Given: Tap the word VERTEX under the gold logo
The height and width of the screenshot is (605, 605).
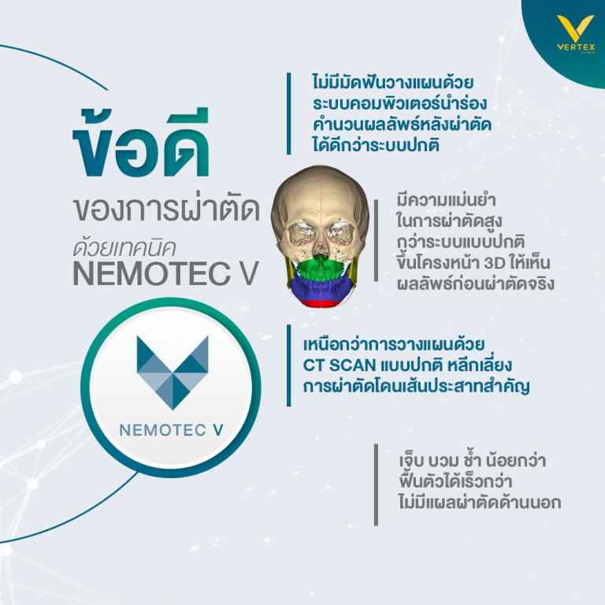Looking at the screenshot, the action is coord(576,47).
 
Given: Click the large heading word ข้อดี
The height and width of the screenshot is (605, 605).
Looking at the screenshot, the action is coord(141,143).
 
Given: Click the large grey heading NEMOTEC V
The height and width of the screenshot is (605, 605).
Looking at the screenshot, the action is coord(165,273).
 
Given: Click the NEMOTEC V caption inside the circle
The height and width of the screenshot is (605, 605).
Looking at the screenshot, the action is coord(171,430).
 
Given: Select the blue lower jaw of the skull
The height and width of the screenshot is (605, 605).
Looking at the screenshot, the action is coord(321,288).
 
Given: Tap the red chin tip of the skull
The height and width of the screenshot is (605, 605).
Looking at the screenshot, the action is coord(320,303).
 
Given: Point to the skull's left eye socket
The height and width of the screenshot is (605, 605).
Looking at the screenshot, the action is coord(301,233).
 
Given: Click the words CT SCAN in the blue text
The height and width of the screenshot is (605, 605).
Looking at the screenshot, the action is coord(340,365).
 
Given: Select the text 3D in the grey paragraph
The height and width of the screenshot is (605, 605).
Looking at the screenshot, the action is coord(495,263).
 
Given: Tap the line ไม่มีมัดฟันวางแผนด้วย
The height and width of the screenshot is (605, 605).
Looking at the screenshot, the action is coord(393,83).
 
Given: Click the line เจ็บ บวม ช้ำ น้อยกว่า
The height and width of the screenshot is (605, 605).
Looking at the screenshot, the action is coord(473,461).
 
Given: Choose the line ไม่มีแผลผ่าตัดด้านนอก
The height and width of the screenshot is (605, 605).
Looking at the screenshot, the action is coord(480,503).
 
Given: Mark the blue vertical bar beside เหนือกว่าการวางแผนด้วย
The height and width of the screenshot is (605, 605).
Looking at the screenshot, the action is coord(288,366).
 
